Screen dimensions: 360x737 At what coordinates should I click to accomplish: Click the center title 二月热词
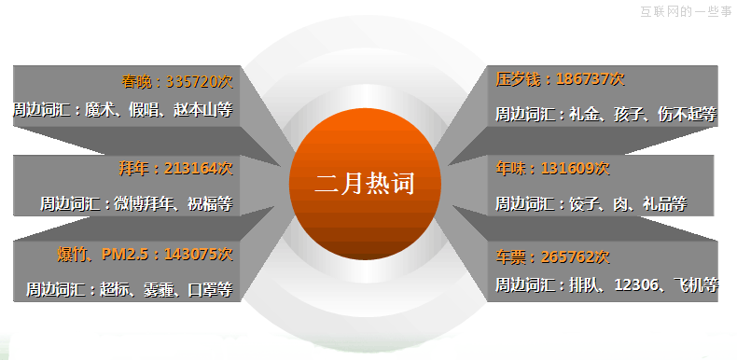point(364,183)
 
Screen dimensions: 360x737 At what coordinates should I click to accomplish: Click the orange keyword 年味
point(511,168)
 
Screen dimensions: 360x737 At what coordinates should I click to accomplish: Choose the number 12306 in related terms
point(636,285)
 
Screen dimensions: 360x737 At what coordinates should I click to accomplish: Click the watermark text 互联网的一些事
point(685,11)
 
